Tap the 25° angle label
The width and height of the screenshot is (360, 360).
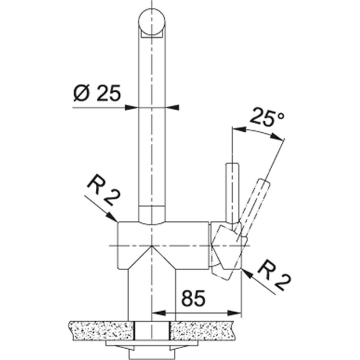pyautogui.click(x=267, y=118)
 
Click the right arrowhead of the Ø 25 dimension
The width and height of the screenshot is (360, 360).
pyautogui.click(x=174, y=108)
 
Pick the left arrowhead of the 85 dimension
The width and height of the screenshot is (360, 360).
pyautogui.click(x=157, y=312)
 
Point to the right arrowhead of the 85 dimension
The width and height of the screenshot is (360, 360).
pyautogui.click(x=237, y=312)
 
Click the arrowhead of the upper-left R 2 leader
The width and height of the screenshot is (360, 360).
pyautogui.click(x=113, y=219)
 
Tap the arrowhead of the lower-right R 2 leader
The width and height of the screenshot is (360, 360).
pyautogui.click(x=246, y=271)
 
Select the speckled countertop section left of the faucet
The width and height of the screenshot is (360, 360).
pyautogui.click(x=102, y=330)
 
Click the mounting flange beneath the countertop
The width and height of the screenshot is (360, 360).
pyautogui.click(x=152, y=344)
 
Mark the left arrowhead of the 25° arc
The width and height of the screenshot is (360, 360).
pyautogui.click(x=236, y=129)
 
